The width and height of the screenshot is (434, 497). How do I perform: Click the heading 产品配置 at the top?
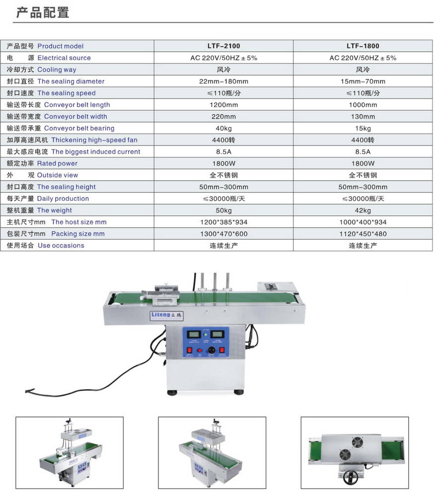pyautogui.click(x=43, y=12)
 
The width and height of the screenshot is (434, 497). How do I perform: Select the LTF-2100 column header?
pyautogui.click(x=223, y=46)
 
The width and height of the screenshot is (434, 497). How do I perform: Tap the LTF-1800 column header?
pyautogui.click(x=362, y=46)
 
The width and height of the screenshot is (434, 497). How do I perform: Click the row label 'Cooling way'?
pyautogui.click(x=57, y=70)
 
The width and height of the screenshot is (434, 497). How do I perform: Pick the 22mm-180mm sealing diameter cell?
pyautogui.click(x=223, y=81)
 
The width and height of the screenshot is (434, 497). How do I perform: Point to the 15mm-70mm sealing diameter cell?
pyautogui.click(x=362, y=81)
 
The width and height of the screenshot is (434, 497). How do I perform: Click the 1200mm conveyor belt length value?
pyautogui.click(x=223, y=105)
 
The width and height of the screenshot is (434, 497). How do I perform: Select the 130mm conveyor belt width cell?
pyautogui.click(x=362, y=117)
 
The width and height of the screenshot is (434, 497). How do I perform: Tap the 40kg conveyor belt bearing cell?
pyautogui.click(x=223, y=128)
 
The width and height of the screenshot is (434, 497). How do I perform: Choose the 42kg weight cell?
pyautogui.click(x=362, y=210)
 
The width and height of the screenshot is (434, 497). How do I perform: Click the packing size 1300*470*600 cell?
pyautogui.click(x=223, y=234)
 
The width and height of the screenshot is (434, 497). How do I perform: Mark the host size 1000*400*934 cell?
pyautogui.click(x=362, y=222)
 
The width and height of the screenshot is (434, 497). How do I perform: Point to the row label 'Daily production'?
pyautogui.click(x=63, y=198)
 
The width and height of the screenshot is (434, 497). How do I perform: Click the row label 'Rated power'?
pyautogui.click(x=57, y=163)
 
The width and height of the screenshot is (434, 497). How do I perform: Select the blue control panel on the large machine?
pyautogui.click(x=206, y=342)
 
